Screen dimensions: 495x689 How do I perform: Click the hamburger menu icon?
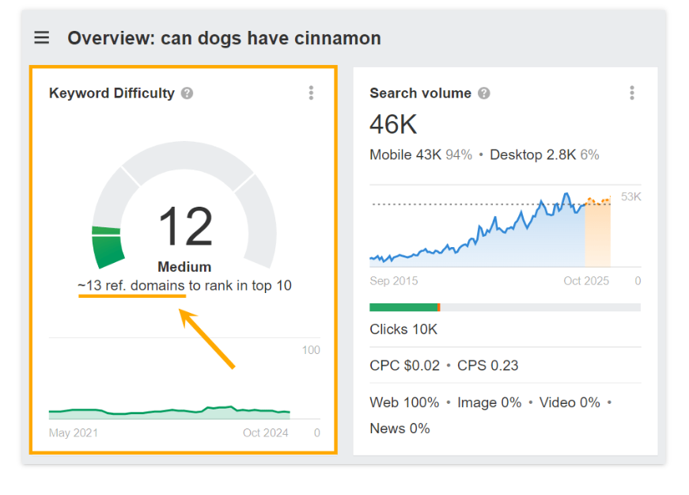point(42,38)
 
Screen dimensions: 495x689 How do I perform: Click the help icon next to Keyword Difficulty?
point(187,93)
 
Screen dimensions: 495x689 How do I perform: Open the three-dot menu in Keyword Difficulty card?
point(311,93)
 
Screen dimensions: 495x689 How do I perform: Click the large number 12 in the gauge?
point(185,227)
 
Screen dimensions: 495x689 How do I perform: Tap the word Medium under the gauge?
point(184,267)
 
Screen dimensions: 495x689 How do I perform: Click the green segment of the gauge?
point(109,248)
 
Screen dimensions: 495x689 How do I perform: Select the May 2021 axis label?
point(74,432)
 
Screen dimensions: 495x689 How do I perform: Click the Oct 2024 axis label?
point(265,432)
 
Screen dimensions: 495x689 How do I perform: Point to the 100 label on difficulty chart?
point(311,350)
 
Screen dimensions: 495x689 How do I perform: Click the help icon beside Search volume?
point(484,93)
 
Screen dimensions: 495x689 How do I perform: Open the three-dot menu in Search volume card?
point(632,93)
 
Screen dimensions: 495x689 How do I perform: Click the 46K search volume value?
point(393,124)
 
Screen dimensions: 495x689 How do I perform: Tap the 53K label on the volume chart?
point(630,196)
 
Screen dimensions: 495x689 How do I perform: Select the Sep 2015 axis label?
point(394,281)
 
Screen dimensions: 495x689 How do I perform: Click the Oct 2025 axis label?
point(587,281)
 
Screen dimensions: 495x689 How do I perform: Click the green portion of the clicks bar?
point(403,307)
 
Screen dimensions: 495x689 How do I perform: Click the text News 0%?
point(399,428)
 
